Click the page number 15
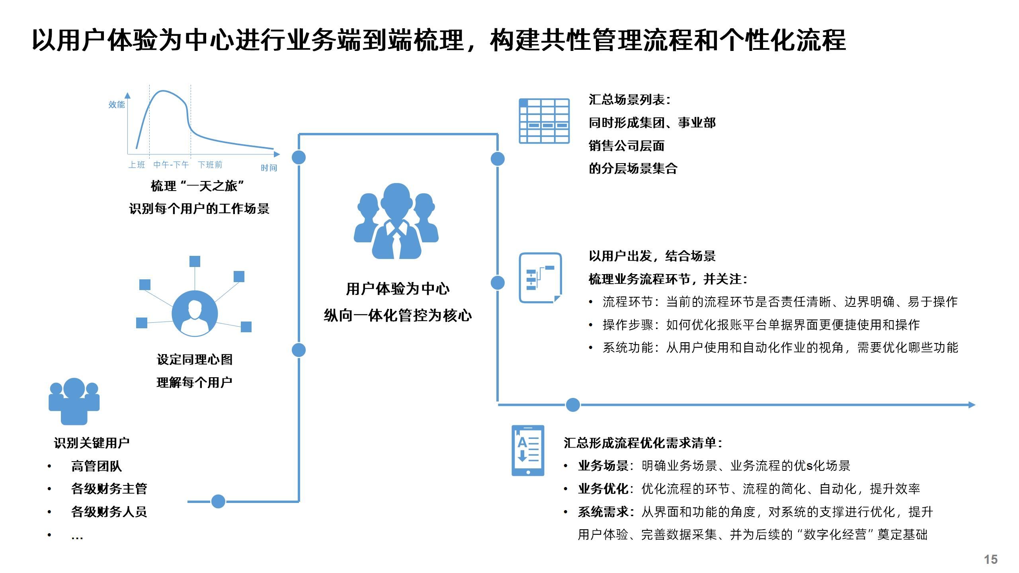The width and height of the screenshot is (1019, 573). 991,559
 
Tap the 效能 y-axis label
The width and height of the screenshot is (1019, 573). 116,105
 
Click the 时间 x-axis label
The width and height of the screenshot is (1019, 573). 269,168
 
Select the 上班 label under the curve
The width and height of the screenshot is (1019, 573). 137,165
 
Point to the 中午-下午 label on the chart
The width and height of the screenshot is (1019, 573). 171,165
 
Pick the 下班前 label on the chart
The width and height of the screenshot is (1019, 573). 210,165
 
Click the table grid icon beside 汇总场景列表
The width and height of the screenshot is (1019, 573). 544,121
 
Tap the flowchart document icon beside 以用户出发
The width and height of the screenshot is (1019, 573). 540,278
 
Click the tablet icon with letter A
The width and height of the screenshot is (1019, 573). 528,450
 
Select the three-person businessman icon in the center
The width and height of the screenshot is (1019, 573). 396,221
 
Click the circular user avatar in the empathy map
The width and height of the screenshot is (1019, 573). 195,314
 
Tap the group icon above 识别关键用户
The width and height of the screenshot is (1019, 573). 74,401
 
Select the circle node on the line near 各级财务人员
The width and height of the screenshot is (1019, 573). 218,501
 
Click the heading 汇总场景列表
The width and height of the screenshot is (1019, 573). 629,100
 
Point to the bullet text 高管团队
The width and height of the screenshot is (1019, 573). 96,466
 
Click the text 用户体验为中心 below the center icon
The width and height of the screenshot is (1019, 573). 398,289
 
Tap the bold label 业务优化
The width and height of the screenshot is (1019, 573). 603,489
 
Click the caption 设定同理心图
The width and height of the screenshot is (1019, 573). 195,360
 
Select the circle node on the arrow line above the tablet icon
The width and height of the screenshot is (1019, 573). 573,405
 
